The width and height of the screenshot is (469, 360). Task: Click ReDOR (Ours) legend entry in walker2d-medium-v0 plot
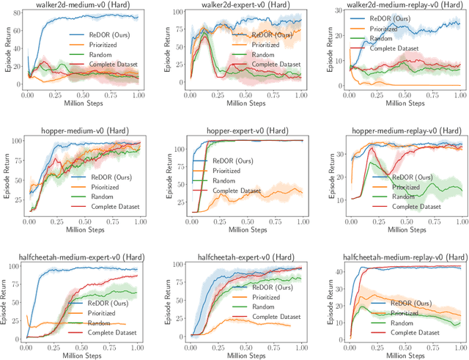pos(102,34)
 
